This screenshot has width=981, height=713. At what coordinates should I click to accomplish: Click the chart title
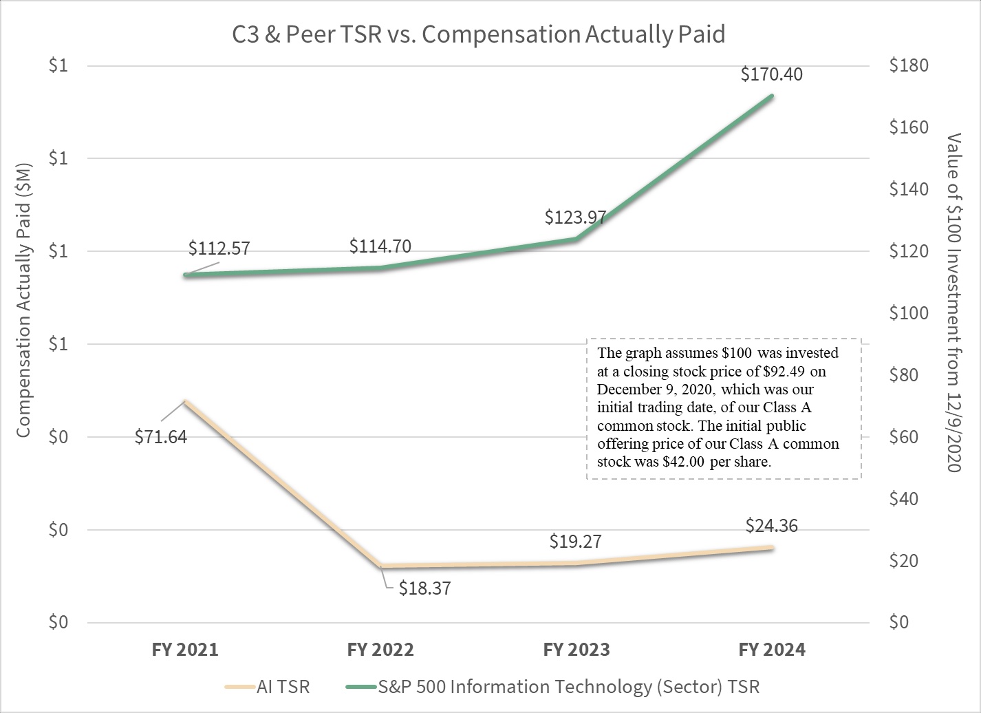point(478,34)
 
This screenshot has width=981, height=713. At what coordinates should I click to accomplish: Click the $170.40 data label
point(771,74)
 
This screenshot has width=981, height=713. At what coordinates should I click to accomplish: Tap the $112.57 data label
point(219,248)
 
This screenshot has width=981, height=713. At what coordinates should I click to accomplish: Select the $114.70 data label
point(380,246)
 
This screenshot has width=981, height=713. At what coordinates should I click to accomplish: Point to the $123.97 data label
point(575,217)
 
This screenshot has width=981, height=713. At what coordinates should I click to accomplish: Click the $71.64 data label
point(160,436)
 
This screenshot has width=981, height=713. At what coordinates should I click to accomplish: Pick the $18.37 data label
point(424,588)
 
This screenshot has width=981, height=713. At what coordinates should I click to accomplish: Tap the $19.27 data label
point(575,542)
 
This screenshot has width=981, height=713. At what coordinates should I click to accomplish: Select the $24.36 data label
point(771,526)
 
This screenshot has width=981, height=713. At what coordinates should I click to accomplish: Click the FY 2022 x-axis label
point(380,650)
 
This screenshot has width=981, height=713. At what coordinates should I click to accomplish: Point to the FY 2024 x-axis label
point(771,650)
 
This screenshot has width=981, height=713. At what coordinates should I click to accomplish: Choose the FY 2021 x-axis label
point(185,650)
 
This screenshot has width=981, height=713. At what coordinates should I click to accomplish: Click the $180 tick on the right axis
point(908,65)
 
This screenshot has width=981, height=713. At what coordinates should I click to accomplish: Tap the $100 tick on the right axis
point(908,313)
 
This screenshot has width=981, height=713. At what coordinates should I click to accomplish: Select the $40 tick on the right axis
point(908,498)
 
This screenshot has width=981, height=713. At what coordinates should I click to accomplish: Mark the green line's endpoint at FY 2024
point(771,96)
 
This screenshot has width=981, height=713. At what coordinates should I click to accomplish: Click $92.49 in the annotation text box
point(775,372)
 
